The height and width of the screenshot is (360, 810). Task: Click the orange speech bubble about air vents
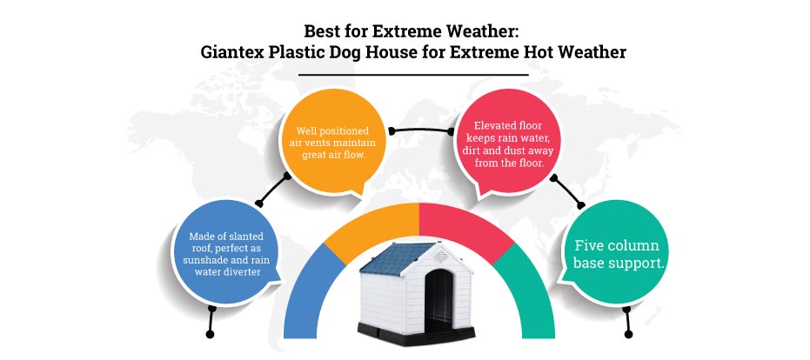click(332, 143)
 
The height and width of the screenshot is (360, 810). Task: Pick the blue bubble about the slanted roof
click(226, 253)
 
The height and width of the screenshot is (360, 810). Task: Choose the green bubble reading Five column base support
click(619, 253)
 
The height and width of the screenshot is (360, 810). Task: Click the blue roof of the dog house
click(395, 257)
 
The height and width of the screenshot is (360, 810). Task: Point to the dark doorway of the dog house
click(438, 300)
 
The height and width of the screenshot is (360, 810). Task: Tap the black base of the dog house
click(416, 334)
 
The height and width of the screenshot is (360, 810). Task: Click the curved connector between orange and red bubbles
click(420, 129)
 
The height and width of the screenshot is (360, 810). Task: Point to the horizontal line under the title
click(413, 75)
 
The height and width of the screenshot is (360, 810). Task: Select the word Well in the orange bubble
click(305, 130)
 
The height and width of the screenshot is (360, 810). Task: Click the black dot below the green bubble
click(628, 334)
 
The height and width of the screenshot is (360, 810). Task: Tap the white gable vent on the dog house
click(440, 255)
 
